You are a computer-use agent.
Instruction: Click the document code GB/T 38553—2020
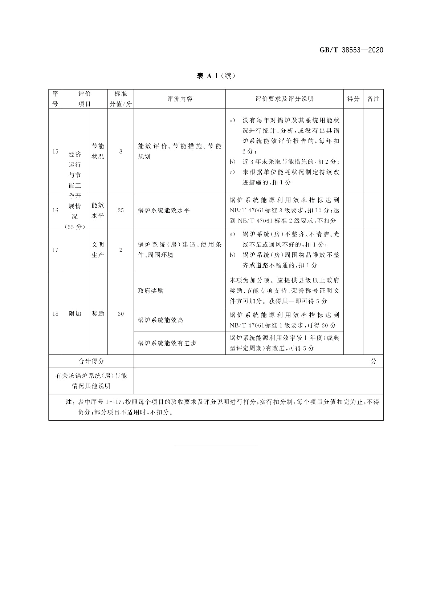[x=351, y=50]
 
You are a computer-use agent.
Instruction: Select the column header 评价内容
[x=179, y=99]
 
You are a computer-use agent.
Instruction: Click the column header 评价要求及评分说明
[x=284, y=99]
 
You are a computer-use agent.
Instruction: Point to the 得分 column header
[x=353, y=99]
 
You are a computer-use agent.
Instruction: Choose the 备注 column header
[x=373, y=99]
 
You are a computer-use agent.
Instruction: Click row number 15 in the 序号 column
[x=55, y=151]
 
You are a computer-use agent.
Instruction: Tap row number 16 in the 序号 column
[x=55, y=210]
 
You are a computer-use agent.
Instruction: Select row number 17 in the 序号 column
[x=55, y=250]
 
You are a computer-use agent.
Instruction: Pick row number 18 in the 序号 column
[x=55, y=314]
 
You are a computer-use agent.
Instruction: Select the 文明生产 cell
[x=98, y=250]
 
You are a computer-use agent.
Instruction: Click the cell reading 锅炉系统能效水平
[x=164, y=210]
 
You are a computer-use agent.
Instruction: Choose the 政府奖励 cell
[x=151, y=291]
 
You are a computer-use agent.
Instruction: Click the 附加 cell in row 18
[x=75, y=314]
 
